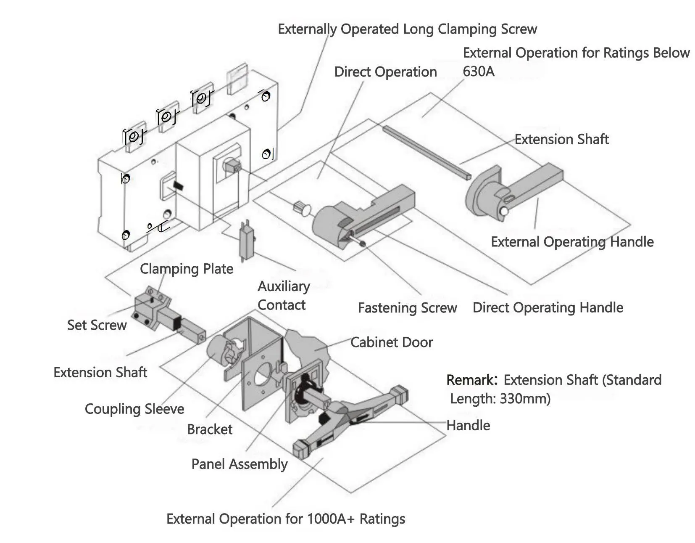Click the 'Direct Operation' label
(385, 72)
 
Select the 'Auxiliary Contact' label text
(284, 295)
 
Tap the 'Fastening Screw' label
(407, 307)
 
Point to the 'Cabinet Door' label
(392, 342)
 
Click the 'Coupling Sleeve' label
(134, 409)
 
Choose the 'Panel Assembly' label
(240, 464)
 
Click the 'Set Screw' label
(97, 325)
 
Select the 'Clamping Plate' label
(187, 269)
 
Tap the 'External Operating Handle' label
(572, 242)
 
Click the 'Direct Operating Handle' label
(548, 307)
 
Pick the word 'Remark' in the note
(470, 380)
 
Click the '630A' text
(479, 72)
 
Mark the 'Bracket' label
(210, 429)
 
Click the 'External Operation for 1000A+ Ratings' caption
(286, 519)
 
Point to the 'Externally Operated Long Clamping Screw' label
(408, 29)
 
